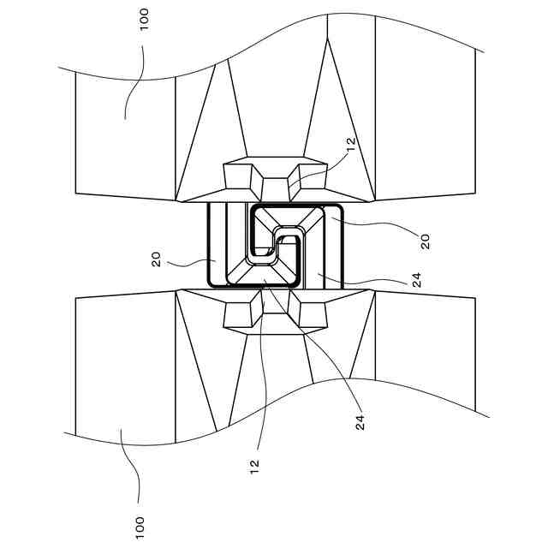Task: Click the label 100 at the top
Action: [143, 19]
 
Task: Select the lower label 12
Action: [254, 466]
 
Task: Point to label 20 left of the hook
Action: [157, 259]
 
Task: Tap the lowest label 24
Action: [360, 421]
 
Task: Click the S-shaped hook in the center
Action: [274, 248]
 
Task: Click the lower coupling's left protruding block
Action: [241, 313]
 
